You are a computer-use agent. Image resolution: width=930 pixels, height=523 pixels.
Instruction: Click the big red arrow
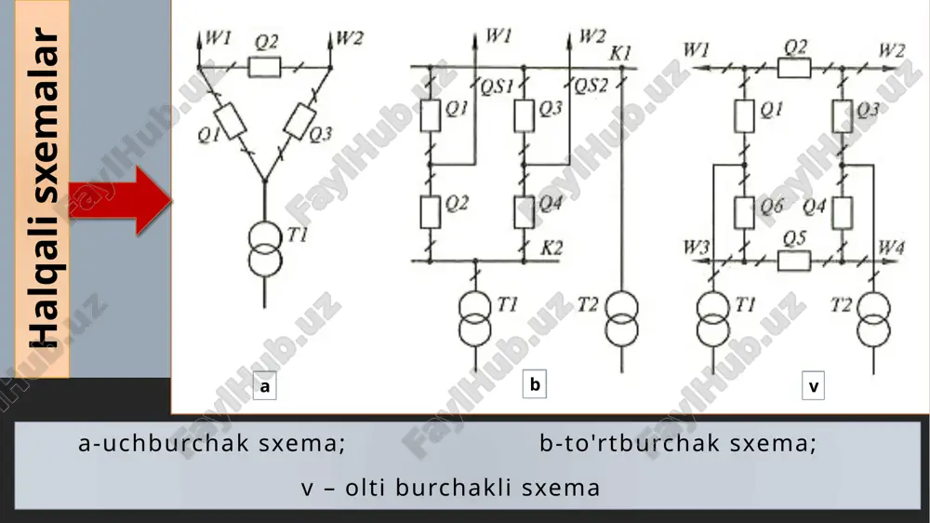click(x=120, y=201)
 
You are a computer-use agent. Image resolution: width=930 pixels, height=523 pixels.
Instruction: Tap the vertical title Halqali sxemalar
click(x=44, y=188)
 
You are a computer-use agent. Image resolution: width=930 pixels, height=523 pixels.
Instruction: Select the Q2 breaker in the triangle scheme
click(x=264, y=67)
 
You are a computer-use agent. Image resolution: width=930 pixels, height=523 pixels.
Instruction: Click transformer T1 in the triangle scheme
click(x=264, y=250)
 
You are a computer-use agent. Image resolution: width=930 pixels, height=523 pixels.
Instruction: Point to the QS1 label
click(x=497, y=87)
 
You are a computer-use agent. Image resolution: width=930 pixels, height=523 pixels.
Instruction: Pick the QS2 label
click(x=591, y=86)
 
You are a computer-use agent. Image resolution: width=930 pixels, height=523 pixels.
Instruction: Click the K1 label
click(x=620, y=53)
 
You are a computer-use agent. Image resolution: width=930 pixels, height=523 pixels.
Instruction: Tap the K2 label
click(x=551, y=248)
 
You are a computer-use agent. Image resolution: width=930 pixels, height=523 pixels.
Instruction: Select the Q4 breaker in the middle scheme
click(x=524, y=212)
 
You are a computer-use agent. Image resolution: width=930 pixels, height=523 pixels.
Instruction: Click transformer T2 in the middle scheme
click(x=621, y=319)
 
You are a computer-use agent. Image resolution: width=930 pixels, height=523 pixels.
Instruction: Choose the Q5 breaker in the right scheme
click(x=793, y=261)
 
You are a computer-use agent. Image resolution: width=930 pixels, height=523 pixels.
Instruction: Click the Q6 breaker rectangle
click(x=744, y=212)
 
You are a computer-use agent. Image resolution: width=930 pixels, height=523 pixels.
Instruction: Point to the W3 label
click(x=697, y=247)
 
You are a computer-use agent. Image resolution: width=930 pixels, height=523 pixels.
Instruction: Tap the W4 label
click(x=891, y=247)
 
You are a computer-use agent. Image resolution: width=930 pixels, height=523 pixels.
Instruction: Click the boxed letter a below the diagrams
click(x=264, y=386)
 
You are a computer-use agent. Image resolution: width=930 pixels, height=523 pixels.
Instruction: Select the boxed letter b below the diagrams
click(x=535, y=384)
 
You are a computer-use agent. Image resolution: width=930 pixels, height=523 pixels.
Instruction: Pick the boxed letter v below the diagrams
click(x=813, y=386)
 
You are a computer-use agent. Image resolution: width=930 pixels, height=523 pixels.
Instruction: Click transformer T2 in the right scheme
click(x=873, y=319)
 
